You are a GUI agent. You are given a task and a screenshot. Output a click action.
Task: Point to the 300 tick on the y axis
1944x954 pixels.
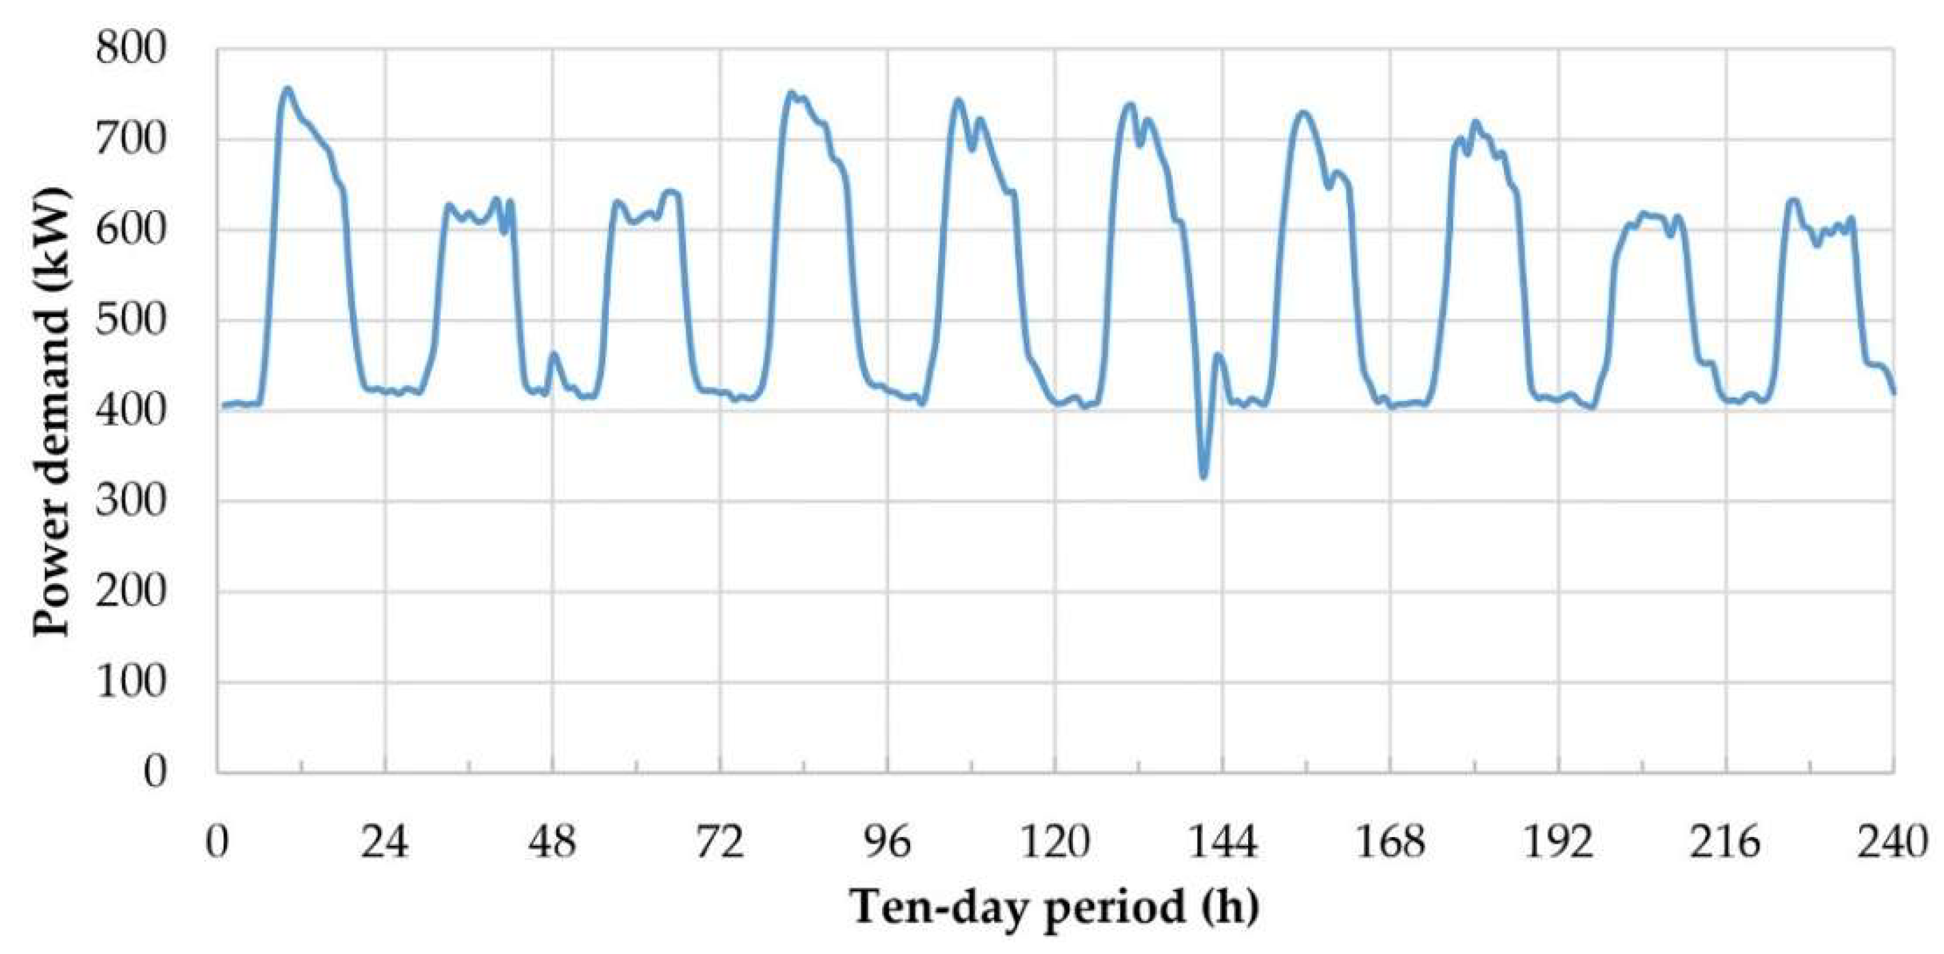(131, 500)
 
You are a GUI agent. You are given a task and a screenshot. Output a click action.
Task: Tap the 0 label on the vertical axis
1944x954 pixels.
(155, 771)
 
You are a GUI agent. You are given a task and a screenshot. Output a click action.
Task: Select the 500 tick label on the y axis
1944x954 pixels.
(131, 320)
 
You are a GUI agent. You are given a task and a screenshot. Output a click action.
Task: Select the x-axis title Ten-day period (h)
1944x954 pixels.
(1055, 907)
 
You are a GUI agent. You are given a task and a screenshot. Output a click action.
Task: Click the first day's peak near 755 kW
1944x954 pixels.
(287, 89)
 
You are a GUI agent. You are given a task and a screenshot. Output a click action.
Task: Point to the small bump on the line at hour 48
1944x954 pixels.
(554, 353)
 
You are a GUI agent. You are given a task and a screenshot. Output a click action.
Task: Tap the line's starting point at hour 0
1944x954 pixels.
(222, 406)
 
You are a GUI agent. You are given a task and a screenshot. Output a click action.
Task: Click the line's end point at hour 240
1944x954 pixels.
(1893, 391)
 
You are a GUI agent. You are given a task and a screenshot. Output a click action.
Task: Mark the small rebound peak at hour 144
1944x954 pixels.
(1218, 354)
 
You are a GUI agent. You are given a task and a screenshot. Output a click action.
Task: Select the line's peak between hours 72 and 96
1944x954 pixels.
(791, 94)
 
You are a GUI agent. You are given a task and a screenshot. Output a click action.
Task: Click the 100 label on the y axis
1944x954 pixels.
(131, 682)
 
